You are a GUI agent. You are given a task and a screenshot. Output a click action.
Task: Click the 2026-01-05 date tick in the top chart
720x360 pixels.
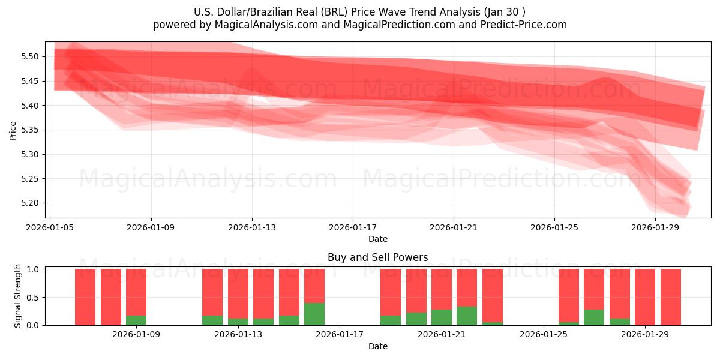[50, 227]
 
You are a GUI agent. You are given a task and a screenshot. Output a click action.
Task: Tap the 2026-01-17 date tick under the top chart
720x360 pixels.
[352, 227]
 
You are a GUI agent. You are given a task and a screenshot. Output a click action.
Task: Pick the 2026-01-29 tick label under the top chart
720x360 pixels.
[655, 227]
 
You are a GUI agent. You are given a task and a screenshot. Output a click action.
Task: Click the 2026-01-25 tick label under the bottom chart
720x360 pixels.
[544, 335]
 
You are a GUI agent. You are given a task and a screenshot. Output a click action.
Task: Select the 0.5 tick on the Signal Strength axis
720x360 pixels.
[33, 298]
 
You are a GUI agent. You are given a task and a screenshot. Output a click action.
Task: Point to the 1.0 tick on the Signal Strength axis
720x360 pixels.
[33, 269]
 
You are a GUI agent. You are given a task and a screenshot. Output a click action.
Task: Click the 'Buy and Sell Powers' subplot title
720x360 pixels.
[377, 257]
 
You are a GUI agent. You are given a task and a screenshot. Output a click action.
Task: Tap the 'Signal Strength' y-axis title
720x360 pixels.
[18, 296]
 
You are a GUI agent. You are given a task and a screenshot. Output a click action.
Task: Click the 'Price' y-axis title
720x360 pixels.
[13, 130]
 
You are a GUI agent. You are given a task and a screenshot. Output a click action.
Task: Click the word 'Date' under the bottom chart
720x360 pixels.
[377, 346]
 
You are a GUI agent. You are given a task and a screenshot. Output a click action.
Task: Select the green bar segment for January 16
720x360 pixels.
[314, 314]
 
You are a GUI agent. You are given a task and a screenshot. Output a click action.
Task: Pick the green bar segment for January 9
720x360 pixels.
[136, 320]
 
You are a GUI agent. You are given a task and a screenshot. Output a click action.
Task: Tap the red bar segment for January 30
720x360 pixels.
[670, 296]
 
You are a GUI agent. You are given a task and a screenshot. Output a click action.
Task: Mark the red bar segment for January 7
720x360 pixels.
[85, 296]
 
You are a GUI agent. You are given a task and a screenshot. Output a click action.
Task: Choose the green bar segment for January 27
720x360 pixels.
[594, 317]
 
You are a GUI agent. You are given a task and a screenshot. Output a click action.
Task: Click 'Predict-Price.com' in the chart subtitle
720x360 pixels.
[526, 25]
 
